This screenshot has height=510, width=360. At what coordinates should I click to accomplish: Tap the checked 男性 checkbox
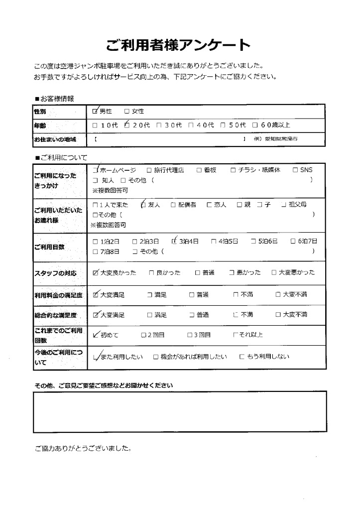[x=96, y=112]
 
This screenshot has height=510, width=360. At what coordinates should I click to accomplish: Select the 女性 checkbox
[x=126, y=112]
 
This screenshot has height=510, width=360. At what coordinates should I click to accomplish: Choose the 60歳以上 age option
[x=255, y=125]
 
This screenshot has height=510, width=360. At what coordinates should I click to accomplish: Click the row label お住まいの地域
[x=55, y=139]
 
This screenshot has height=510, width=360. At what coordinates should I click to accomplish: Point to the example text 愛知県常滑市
[x=282, y=139]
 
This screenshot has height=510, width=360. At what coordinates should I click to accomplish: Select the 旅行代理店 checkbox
[x=149, y=170]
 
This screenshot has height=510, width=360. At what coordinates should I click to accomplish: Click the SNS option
[x=295, y=170]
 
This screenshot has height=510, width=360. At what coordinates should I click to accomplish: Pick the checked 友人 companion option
[x=144, y=205]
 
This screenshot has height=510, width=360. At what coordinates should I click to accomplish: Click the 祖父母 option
[x=283, y=205]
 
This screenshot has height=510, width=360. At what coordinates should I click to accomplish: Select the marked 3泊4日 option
[x=174, y=242]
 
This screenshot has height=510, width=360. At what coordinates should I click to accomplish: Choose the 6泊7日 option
[x=293, y=242]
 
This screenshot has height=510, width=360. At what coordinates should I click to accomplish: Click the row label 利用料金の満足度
[x=58, y=295]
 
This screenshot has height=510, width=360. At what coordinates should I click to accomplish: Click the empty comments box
[x=180, y=411]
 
